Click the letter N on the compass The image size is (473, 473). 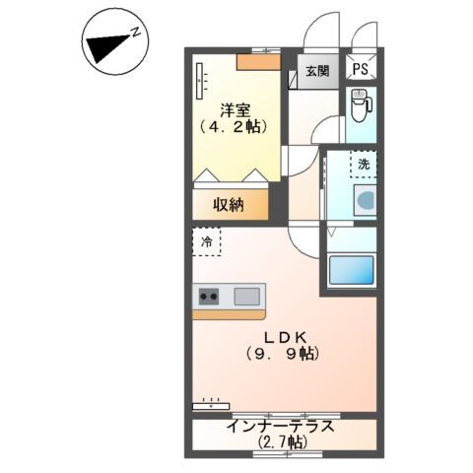[135, 33]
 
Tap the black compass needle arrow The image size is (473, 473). [106, 47]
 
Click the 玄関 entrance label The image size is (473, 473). [317, 71]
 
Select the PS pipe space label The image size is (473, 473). [360, 69]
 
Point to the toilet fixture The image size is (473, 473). [361, 104]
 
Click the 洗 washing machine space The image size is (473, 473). [364, 165]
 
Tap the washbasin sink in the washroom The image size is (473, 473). [365, 200]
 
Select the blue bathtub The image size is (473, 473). [352, 270]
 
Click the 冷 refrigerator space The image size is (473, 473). [207, 242]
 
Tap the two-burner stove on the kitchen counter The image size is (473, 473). [209, 297]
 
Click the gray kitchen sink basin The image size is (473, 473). [246, 297]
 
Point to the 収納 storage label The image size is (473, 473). [229, 205]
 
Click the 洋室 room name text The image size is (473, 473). [236, 110]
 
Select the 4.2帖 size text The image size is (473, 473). [233, 127]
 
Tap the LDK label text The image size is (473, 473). [286, 337]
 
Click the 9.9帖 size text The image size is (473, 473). [283, 354]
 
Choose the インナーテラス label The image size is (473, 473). [281, 427]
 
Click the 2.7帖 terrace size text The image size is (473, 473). [282, 442]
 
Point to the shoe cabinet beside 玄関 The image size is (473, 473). [293, 80]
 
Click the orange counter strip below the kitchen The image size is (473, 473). [229, 315]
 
